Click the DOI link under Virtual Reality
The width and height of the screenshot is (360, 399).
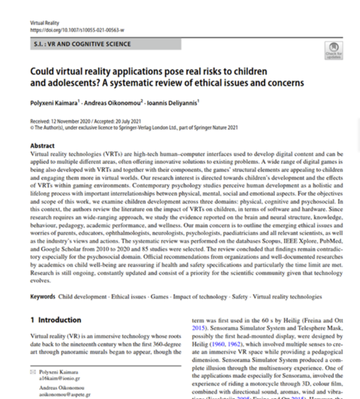(x=78, y=30)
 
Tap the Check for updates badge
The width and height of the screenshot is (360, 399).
(x=333, y=50)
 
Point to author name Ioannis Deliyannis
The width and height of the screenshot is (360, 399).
(x=171, y=102)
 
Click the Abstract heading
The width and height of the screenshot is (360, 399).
(x=42, y=145)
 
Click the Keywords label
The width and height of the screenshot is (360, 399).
(x=43, y=296)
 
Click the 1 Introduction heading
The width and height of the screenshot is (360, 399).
(x=56, y=320)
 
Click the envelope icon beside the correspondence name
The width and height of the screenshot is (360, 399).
(x=33, y=371)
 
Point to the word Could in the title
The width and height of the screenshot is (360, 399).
(x=41, y=72)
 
